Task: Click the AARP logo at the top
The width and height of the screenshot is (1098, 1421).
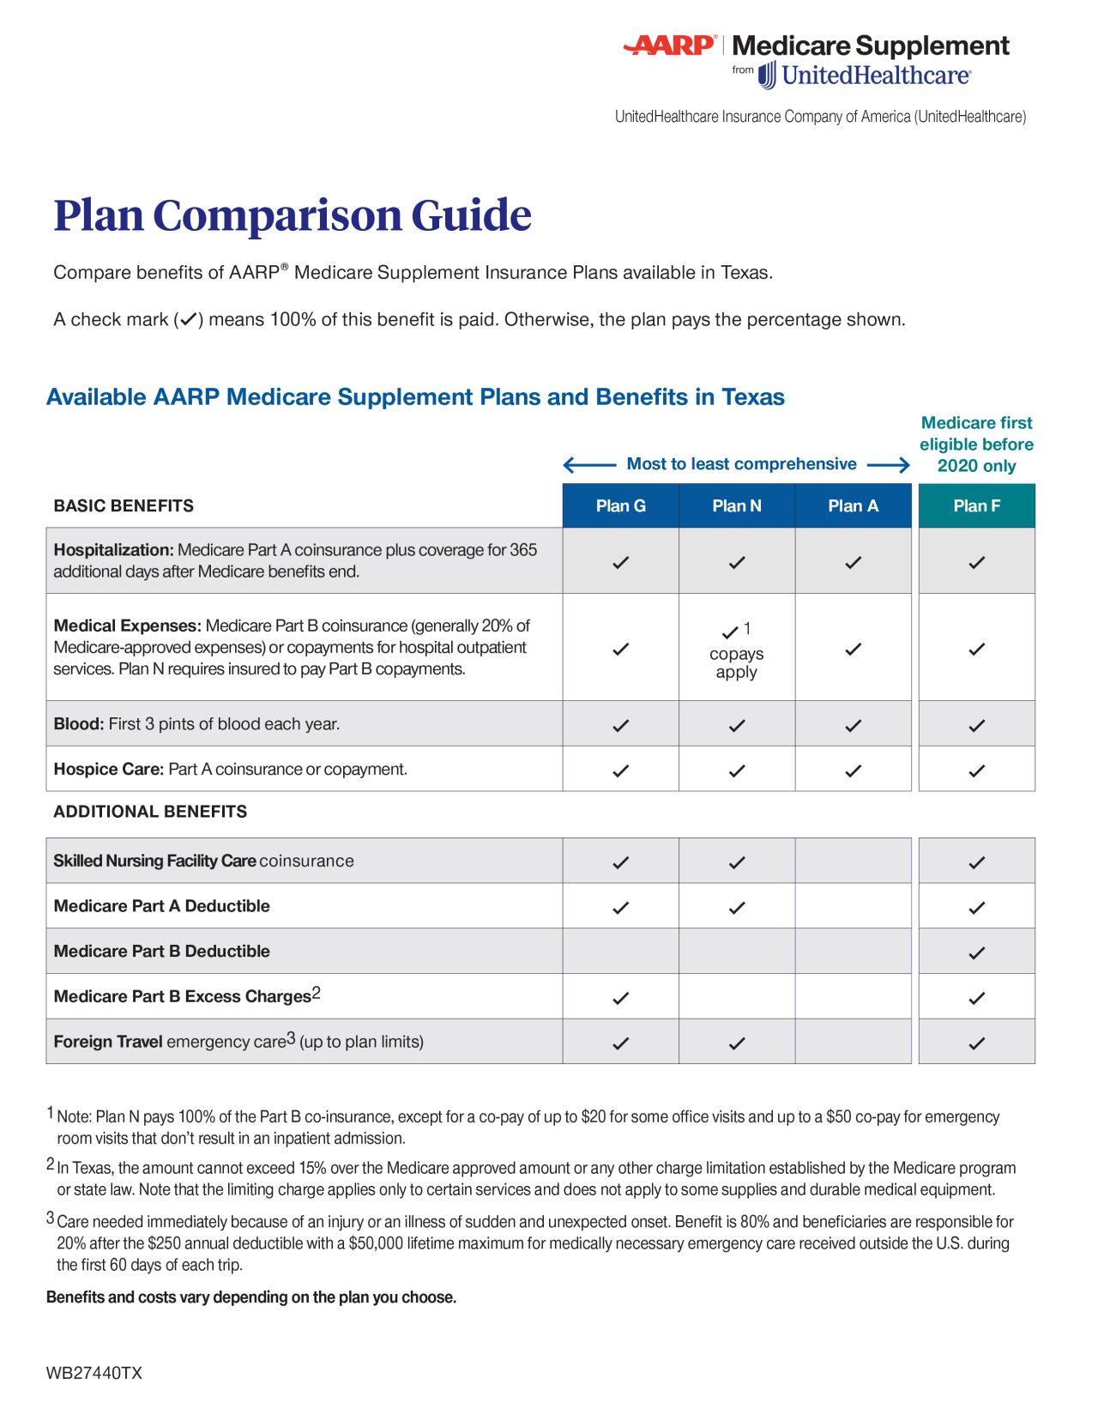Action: coord(670,45)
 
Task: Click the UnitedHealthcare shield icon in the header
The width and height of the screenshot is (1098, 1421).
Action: coord(767,76)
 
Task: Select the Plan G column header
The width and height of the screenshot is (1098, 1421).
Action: coord(620,505)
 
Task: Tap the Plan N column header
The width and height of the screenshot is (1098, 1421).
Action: coord(736,505)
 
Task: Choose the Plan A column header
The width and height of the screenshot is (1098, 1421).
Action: coord(853,505)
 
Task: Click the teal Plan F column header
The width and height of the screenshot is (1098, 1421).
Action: coord(976,505)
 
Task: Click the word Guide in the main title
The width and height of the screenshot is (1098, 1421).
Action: coord(471,215)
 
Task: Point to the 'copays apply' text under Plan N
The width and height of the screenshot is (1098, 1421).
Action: coord(736,662)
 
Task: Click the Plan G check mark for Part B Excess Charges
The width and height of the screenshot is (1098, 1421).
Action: coord(620,997)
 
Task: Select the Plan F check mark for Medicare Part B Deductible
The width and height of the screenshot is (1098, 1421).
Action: coord(976,952)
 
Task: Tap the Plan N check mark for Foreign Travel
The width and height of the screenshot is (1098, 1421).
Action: coord(736,1043)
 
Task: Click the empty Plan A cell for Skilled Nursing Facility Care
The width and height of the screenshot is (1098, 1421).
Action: coord(853,861)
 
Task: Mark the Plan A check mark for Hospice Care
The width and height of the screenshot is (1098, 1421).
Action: coord(853,770)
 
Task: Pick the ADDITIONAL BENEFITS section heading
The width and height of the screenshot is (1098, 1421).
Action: coord(150,811)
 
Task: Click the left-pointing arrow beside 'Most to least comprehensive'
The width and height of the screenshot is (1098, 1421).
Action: coord(588,465)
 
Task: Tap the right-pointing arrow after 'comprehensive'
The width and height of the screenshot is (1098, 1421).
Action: coord(889,465)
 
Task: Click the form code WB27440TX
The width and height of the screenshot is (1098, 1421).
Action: coord(94,1372)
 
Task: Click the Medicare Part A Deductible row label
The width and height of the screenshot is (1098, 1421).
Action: coord(161,905)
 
